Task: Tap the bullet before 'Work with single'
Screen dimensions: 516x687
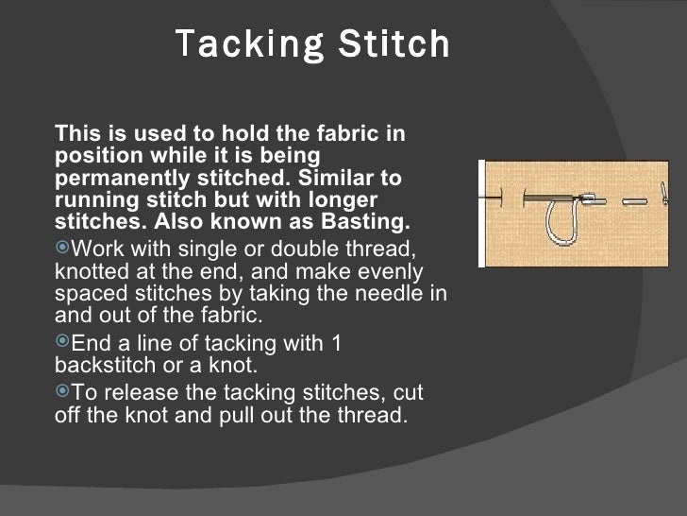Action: (63, 249)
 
